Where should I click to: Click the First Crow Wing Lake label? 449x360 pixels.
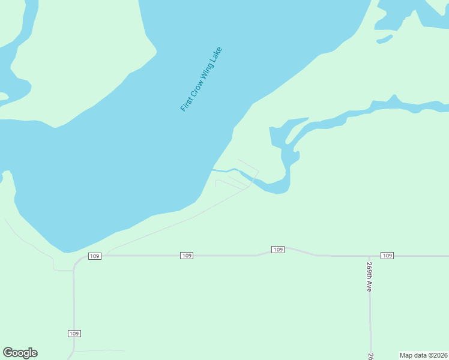tap(201, 79)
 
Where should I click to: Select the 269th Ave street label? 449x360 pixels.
tap(369, 277)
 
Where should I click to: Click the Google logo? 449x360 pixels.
tap(20, 353)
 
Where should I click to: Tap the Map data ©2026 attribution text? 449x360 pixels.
tap(423, 355)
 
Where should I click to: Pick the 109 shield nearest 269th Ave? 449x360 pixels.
tap(387, 256)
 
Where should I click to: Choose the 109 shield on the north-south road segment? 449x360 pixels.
tap(74, 333)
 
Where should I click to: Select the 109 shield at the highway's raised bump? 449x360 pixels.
tap(277, 249)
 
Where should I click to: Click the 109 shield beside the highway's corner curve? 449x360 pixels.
tap(94, 256)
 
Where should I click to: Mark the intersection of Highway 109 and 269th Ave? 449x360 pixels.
tap(369, 256)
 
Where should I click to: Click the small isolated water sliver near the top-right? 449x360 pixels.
tap(385, 39)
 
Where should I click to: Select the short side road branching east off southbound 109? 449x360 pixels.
tap(99, 350)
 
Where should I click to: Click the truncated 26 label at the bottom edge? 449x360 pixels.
tap(371, 356)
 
